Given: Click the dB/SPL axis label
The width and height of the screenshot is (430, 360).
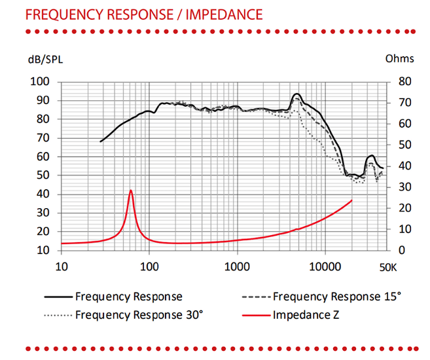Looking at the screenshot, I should pos(46,59).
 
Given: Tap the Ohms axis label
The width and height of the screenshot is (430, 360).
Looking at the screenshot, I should pos(399,58).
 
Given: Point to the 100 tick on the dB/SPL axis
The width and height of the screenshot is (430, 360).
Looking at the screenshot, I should pos(41,82).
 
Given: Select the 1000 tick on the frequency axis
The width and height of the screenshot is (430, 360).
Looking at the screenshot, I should pos(237,266).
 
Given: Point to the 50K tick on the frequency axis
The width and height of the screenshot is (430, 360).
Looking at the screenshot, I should pos(388,266).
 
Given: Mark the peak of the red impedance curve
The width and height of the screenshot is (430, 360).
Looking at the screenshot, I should pos(131,190).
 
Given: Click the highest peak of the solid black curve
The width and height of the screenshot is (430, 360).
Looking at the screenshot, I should pos(296,94).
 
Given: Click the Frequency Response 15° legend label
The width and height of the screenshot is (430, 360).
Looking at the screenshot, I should pos(336,297).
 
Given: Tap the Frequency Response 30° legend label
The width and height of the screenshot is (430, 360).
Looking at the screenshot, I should pos(139,314).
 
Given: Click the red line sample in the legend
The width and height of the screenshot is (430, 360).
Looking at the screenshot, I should pos(256,315).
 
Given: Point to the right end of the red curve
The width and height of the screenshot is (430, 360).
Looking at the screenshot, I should pos(352,200).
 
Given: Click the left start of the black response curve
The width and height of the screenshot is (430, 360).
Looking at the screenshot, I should pos(100,141).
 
